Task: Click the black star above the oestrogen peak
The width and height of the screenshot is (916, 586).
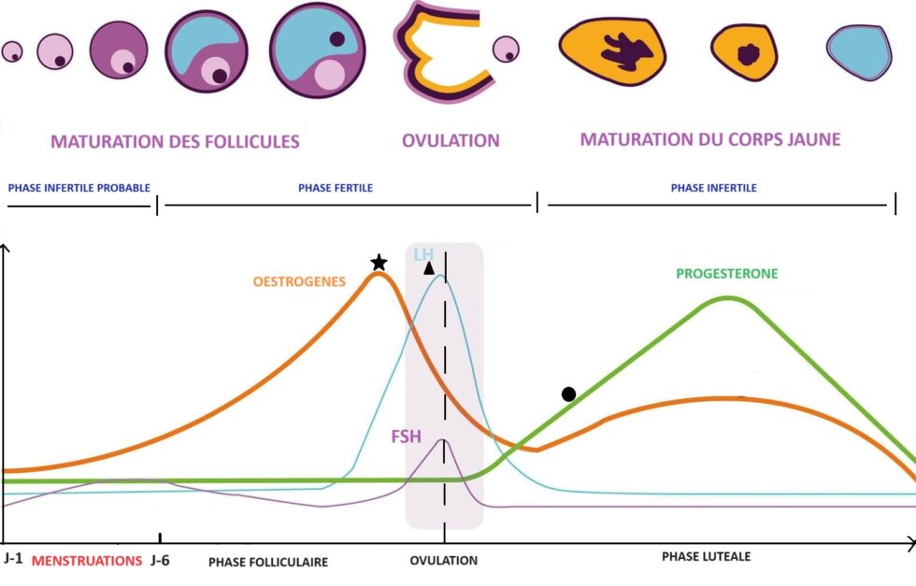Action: tap(378, 263)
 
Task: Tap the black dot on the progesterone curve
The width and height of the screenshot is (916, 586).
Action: tap(568, 393)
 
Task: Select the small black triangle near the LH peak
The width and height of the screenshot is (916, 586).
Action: tap(429, 268)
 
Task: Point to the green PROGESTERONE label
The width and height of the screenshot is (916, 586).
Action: tap(726, 274)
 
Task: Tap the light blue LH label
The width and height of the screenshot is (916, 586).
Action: tap(424, 254)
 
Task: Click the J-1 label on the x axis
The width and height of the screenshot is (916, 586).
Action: tap(14, 560)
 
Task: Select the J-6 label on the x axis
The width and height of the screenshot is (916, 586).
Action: tap(160, 560)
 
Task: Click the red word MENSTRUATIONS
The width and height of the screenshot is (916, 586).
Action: tap(87, 561)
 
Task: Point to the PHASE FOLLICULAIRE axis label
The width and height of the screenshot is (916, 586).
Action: tap(268, 562)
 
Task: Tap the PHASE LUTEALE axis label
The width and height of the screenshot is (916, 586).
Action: tap(706, 556)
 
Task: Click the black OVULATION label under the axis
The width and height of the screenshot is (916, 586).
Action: tap(444, 561)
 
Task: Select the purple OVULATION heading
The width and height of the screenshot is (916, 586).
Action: tap(451, 141)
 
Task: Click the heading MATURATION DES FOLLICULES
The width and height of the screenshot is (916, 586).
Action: tap(175, 142)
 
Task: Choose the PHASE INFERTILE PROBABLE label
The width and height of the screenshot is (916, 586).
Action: tap(79, 188)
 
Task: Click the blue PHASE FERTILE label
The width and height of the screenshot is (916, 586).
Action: tap(336, 188)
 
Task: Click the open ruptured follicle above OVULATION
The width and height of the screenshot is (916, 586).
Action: tap(439, 47)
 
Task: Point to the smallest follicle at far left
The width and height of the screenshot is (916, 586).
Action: tap(11, 52)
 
